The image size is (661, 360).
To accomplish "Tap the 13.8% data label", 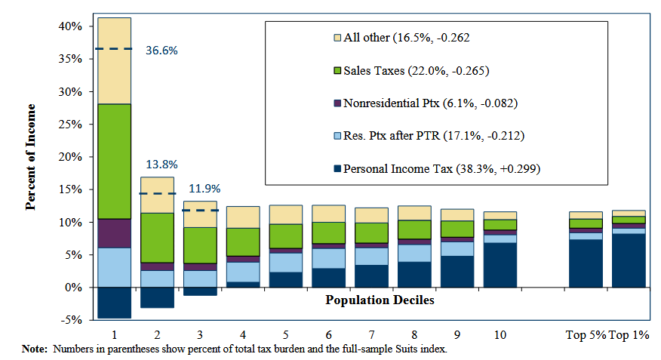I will (161, 164).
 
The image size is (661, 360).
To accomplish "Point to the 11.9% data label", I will (204, 189).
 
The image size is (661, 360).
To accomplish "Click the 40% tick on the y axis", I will (70, 26).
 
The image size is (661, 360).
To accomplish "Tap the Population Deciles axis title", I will (380, 300).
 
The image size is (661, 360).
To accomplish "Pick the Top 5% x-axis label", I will (586, 335).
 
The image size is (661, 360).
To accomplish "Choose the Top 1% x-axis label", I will (629, 335).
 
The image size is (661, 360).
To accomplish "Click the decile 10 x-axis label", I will (500, 335).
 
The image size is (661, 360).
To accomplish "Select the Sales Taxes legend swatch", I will (337, 72).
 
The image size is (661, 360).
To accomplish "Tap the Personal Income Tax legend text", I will (442, 168).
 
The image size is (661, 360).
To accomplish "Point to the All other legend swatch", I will (337, 37).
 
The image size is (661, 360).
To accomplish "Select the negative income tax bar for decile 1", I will (113, 303).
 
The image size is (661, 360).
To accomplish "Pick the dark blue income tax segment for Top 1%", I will (629, 260).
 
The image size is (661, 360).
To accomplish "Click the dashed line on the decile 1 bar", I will (113, 49).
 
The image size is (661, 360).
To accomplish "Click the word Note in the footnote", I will (35, 349).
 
